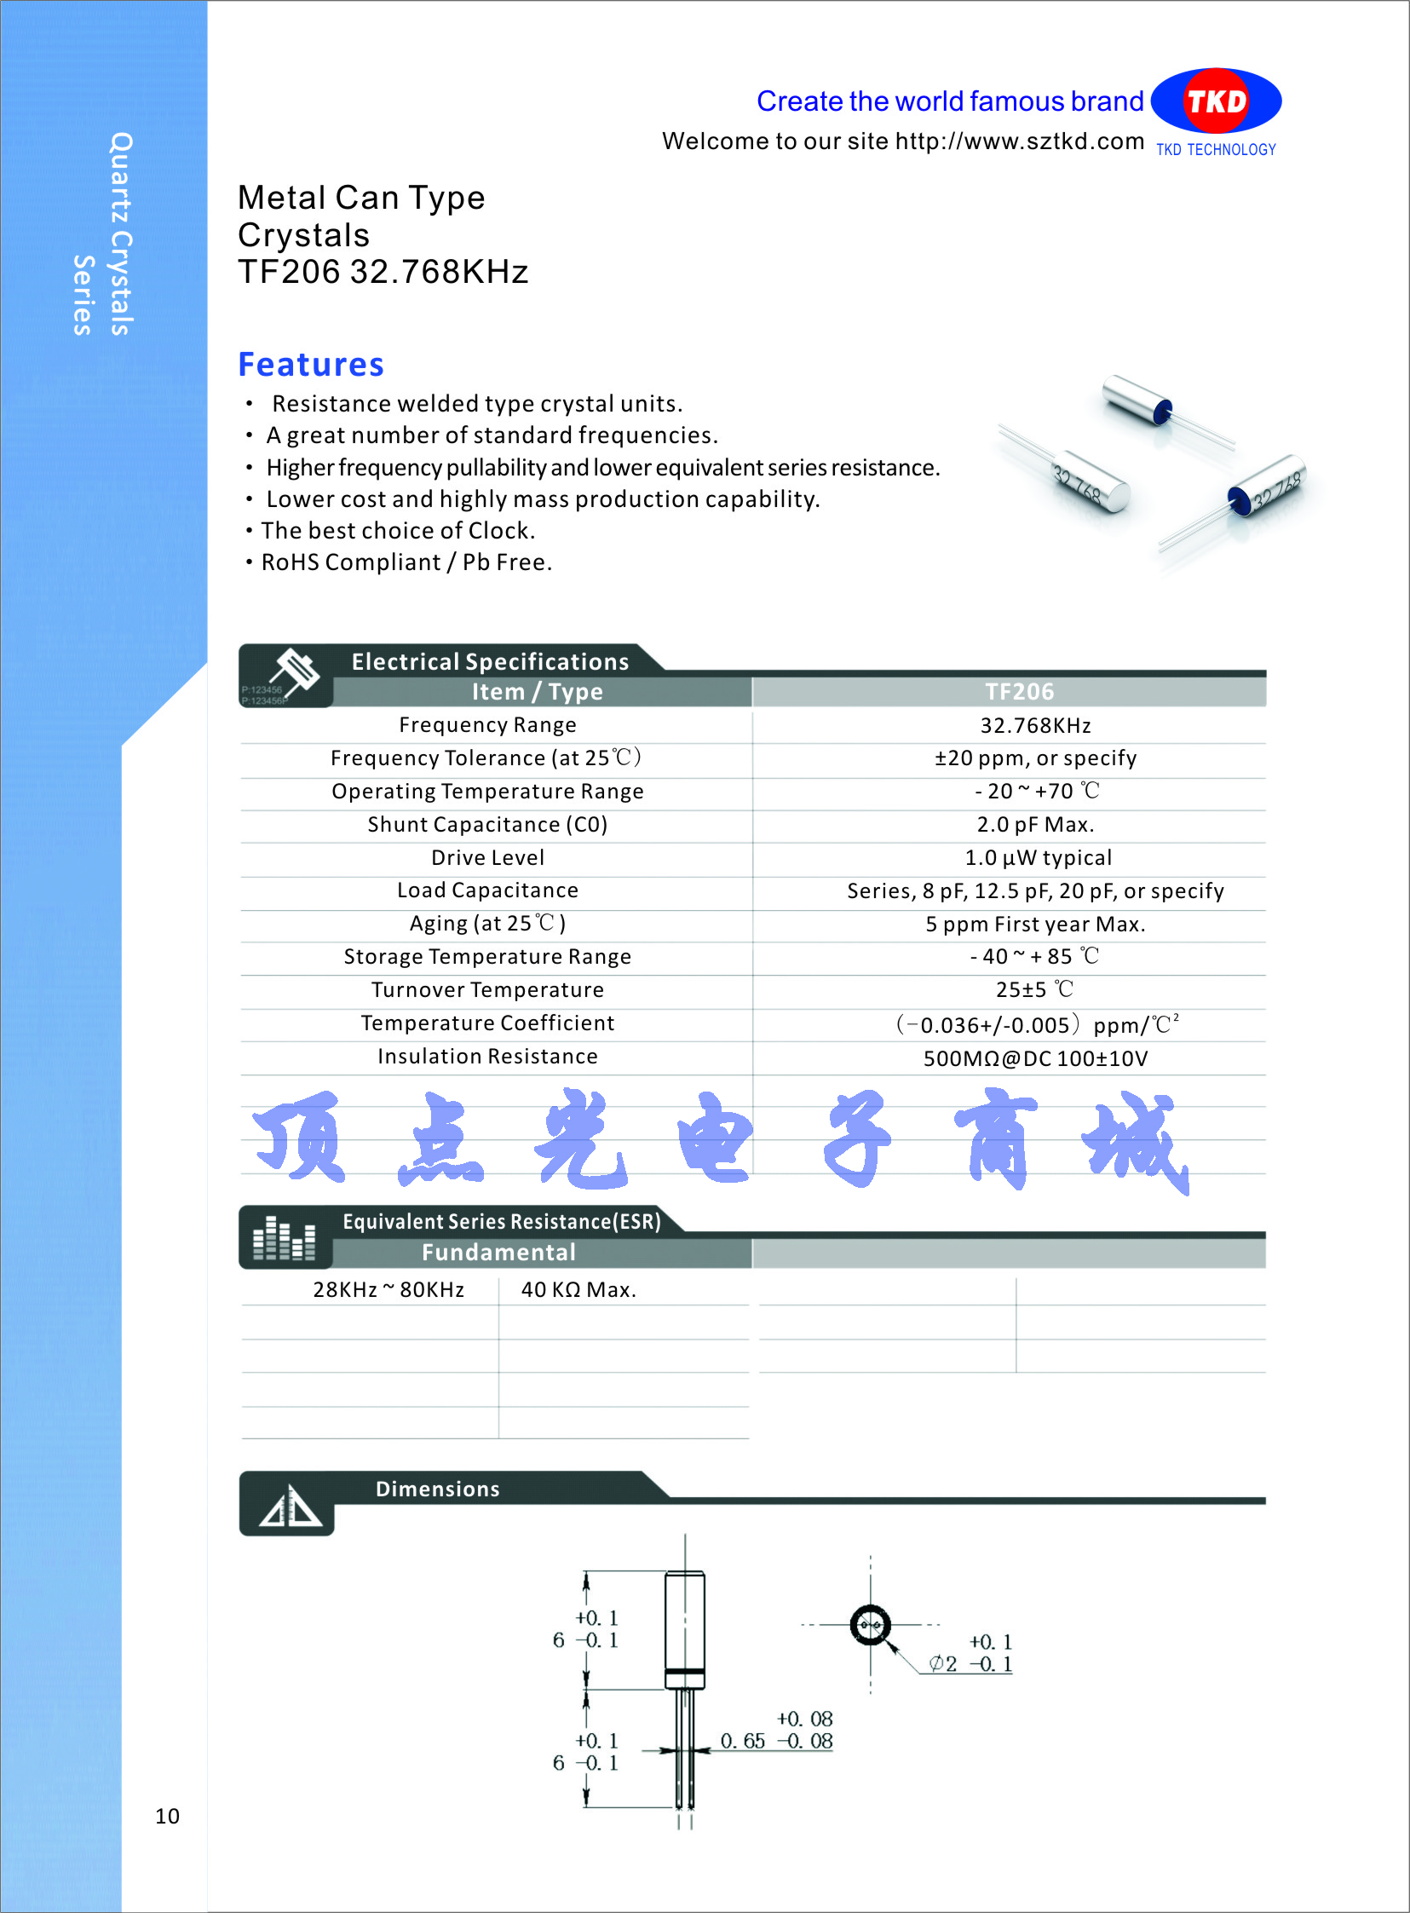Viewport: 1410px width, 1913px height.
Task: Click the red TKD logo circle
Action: click(1216, 101)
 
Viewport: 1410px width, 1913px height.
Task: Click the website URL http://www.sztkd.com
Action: click(1019, 141)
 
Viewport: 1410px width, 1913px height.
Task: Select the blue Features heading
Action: click(311, 365)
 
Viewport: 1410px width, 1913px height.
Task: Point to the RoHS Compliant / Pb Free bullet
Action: click(406, 562)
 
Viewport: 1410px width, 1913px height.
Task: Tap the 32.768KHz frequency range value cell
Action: click(1034, 726)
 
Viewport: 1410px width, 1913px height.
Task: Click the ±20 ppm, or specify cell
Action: click(1034, 758)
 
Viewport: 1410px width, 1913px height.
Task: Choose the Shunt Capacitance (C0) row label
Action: click(487, 825)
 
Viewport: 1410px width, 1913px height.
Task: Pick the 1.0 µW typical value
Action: click(1038, 858)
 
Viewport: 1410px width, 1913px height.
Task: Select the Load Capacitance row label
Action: click(487, 890)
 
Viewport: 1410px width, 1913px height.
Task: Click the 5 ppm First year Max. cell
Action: click(1034, 925)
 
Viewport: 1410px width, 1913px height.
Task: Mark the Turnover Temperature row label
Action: click(487, 990)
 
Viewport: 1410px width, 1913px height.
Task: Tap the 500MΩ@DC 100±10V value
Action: click(1034, 1059)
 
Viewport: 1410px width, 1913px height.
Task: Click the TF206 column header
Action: click(1019, 691)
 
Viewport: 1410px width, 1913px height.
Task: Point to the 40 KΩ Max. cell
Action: click(578, 1290)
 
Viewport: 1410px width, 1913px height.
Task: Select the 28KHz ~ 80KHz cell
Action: click(388, 1290)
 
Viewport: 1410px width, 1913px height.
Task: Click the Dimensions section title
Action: click(437, 1489)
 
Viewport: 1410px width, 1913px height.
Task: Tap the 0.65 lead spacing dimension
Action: click(743, 1741)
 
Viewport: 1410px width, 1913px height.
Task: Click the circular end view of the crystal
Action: click(870, 1624)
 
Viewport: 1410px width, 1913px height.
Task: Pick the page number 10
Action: click(167, 1816)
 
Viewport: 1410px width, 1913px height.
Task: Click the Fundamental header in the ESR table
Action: click(498, 1253)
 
